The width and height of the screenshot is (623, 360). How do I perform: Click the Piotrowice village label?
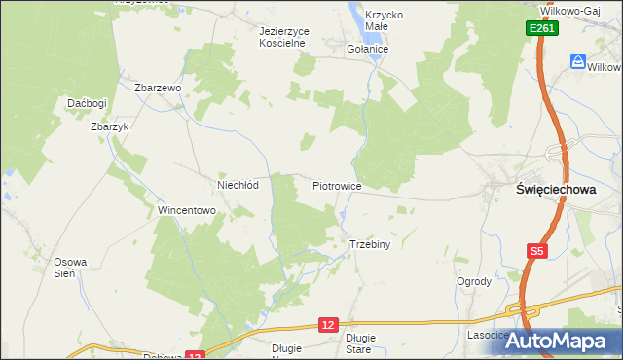pos(338,185)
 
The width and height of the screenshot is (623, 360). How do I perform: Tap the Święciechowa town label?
pos(554,190)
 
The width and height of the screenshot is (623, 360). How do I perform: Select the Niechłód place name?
pos(237,185)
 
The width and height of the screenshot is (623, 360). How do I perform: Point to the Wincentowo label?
pos(186,210)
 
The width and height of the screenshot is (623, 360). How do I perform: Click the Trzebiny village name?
pos(369,244)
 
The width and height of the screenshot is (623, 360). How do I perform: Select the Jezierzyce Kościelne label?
pos(284,37)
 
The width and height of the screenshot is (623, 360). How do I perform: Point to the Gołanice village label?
pos(368,48)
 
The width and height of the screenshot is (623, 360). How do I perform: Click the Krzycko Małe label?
pos(383,21)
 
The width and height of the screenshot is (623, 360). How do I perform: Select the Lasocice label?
pos(488,335)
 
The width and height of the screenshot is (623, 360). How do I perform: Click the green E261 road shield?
pos(542,30)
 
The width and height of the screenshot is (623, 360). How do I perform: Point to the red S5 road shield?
pos(536,251)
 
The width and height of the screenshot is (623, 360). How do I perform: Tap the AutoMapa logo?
pos(568,341)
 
